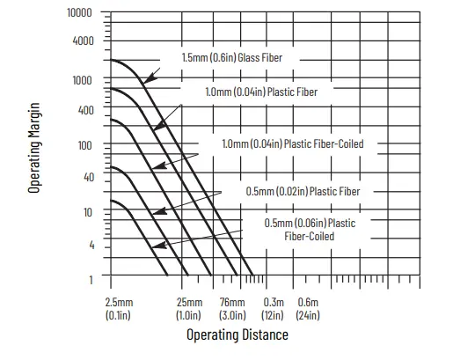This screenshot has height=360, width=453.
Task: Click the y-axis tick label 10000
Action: [x=80, y=14]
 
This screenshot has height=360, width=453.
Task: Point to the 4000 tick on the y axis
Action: [x=83, y=40]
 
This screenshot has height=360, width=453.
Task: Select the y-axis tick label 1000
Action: [x=83, y=80]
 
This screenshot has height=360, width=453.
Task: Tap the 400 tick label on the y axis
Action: [x=85, y=111]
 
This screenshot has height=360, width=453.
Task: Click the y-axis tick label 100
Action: [x=85, y=145]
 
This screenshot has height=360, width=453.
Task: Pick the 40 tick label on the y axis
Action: [x=88, y=178]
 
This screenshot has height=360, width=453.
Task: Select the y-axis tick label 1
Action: [x=91, y=280]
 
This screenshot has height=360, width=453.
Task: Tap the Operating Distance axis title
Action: [x=237, y=335]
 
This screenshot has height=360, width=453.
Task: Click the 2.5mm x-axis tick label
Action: [x=119, y=309]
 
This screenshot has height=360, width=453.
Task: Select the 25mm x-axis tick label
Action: [x=189, y=309]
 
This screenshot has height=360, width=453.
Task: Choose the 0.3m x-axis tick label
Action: [x=274, y=309]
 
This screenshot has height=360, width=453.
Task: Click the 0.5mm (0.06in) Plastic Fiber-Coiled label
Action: [x=310, y=229]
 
